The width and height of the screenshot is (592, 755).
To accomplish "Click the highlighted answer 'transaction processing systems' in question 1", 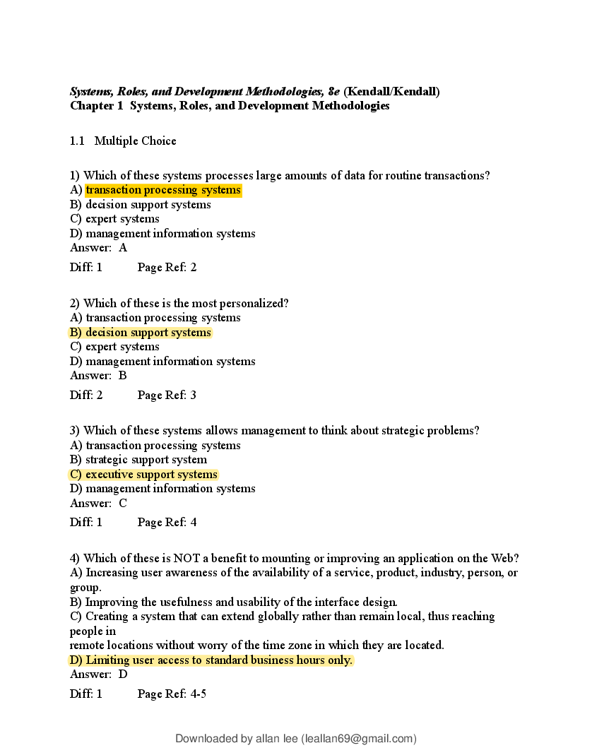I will pos(163,190).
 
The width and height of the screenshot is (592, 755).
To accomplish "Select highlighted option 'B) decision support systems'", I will pos(141,333).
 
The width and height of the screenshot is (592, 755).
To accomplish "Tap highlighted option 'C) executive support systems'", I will pos(143,475).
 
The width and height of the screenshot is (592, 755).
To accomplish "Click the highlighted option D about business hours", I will pos(211,660).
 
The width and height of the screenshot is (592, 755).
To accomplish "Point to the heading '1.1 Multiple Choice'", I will pos(123,141).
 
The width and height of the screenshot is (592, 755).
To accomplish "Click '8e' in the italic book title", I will pos(333,92).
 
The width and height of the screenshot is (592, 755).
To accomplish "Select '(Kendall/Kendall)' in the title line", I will pos(391,92).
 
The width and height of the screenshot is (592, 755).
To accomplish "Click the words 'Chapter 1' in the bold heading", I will pos(92,106).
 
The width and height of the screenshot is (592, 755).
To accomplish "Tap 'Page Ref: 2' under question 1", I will pos(167,268).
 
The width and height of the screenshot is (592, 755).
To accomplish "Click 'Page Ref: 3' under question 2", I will pos(167,396).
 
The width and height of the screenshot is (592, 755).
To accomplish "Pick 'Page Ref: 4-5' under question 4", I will pos(172,694).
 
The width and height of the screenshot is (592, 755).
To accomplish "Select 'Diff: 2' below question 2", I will pos(86,396).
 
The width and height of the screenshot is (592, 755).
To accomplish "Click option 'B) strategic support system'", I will pos(138,460).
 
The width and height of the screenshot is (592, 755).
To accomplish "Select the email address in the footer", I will pos(358,739).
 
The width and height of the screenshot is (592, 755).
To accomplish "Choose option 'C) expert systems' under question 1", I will pos(114,219).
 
